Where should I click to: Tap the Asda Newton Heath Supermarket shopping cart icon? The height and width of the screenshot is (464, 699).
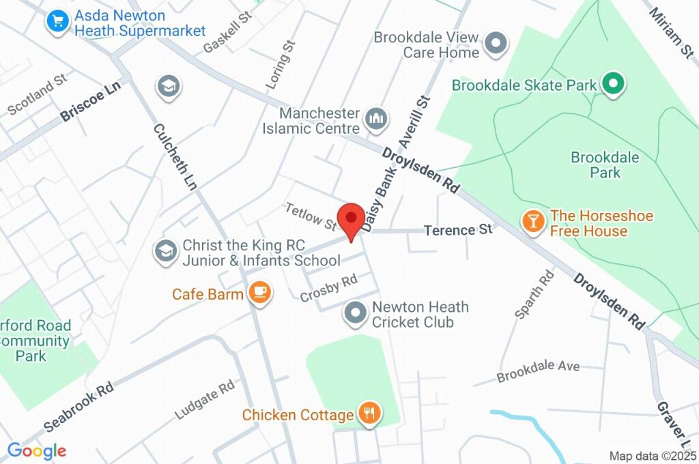coord(58,22)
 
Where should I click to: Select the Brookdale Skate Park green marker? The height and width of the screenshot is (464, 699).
coord(613,85)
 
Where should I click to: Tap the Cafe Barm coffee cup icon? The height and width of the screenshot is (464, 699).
coord(259,293)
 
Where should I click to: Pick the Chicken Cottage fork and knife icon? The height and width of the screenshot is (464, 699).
coord(370,413)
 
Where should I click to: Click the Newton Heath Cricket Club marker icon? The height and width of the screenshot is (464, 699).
coord(355,314)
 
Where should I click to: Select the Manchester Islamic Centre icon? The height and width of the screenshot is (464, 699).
coord(375,119)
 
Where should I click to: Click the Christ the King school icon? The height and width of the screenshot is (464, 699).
coord(165,252)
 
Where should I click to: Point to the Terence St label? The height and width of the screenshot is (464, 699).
coord(458,230)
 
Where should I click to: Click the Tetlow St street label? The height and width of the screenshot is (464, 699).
coord(311,216)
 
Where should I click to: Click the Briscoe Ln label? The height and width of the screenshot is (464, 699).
coord(90,103)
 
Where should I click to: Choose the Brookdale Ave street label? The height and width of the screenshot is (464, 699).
coord(538,371)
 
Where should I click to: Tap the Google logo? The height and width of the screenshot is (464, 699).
coord(37,450)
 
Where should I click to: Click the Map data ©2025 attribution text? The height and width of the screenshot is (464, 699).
coord(653,455)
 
